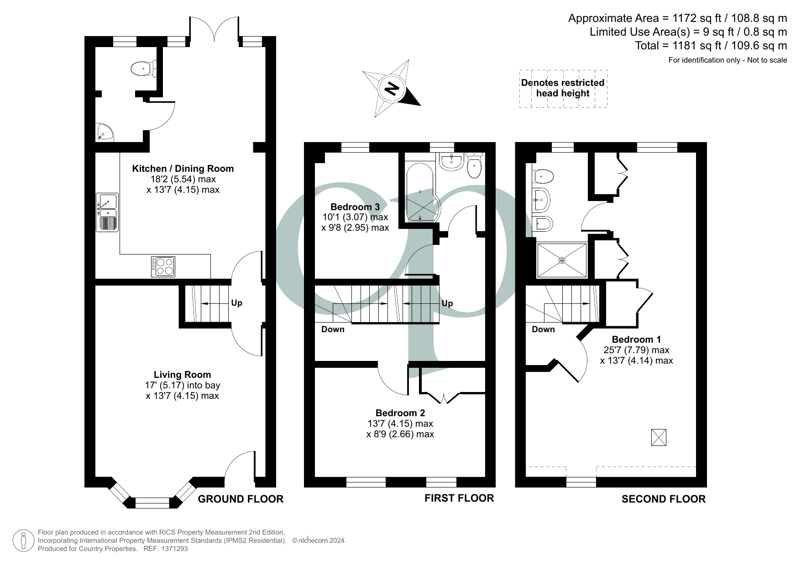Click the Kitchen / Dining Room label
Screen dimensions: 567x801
[183, 169]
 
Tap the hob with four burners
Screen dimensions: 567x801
[163, 267]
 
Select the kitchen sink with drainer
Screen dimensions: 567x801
[107, 212]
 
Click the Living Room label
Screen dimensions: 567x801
[182, 375]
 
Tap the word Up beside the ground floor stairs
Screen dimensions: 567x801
[236, 303]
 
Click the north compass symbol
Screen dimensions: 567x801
[392, 88]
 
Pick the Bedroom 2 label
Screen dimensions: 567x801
[400, 413]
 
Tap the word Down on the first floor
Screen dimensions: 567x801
[333, 329]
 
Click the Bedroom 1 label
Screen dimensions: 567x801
[636, 339]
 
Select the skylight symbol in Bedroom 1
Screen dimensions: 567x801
[658, 437]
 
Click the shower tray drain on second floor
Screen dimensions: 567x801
[562, 260]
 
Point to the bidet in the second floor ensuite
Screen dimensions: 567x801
[543, 224]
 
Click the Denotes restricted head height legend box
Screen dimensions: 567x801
[563, 88]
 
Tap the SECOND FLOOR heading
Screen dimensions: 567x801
[663, 499]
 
